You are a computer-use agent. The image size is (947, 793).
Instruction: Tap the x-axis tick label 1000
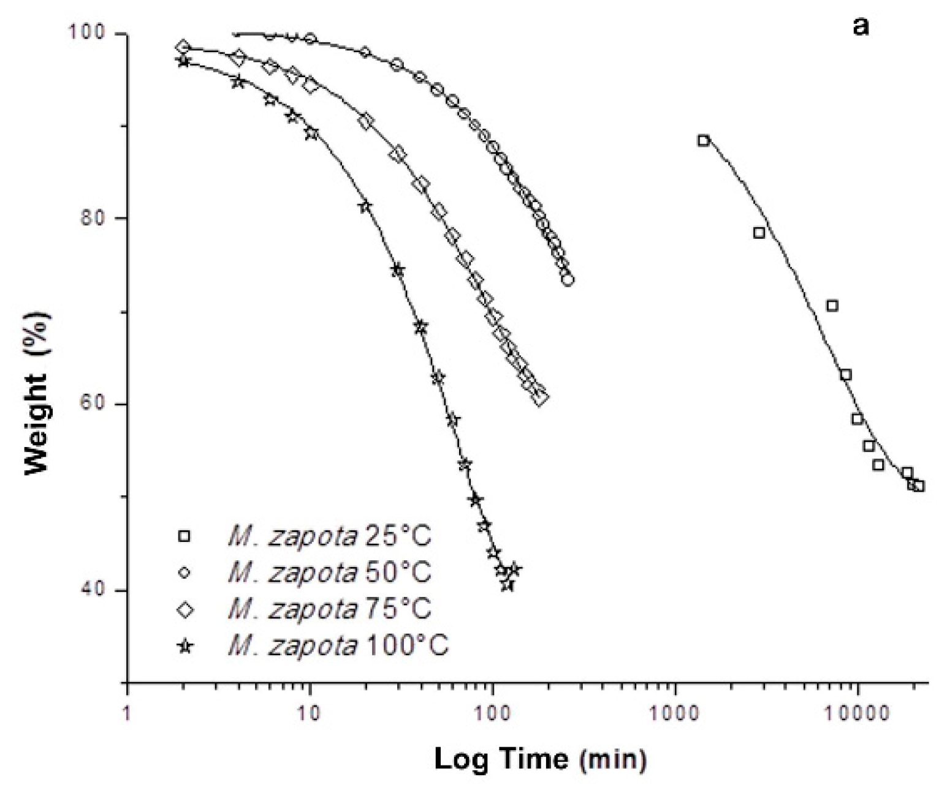[x=675, y=714]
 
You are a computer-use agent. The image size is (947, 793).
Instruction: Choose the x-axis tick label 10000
[x=858, y=714]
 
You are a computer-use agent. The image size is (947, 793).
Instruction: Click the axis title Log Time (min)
[x=540, y=759]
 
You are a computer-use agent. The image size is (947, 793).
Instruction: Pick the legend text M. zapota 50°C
[x=329, y=573]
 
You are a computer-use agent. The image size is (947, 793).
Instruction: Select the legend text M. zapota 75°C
[x=329, y=609]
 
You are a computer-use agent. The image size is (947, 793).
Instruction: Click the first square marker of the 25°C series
[x=703, y=140]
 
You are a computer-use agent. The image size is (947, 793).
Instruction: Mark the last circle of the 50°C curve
[x=568, y=280]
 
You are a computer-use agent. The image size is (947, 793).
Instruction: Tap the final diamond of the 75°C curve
[x=540, y=398]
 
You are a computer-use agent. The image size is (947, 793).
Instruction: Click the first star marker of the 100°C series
[x=182, y=61]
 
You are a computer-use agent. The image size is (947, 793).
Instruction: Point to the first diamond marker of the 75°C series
[x=182, y=47]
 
